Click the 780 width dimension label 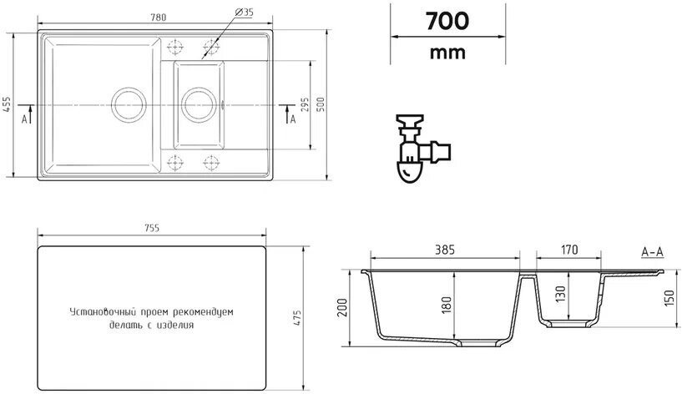tap(159, 18)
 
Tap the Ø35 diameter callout tap(244, 13)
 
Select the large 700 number tap(447, 22)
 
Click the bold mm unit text tap(447, 53)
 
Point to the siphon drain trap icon tap(422, 149)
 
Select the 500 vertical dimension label tap(321, 104)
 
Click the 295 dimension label tap(306, 104)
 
